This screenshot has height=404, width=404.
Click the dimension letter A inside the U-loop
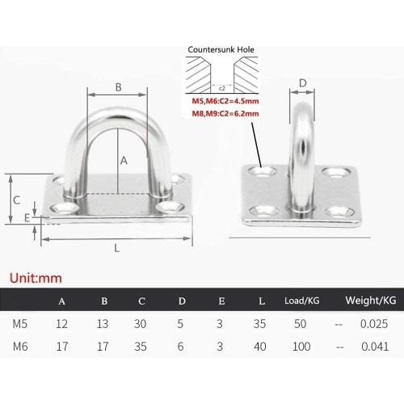click(x=124, y=160)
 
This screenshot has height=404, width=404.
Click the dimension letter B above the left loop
click(x=118, y=87)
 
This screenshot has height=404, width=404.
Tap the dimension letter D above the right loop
click(x=303, y=82)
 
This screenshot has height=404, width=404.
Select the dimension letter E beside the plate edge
click(x=27, y=218)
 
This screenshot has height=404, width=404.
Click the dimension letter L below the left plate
click(x=117, y=249)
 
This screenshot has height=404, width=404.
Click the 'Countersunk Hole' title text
click(x=221, y=49)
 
